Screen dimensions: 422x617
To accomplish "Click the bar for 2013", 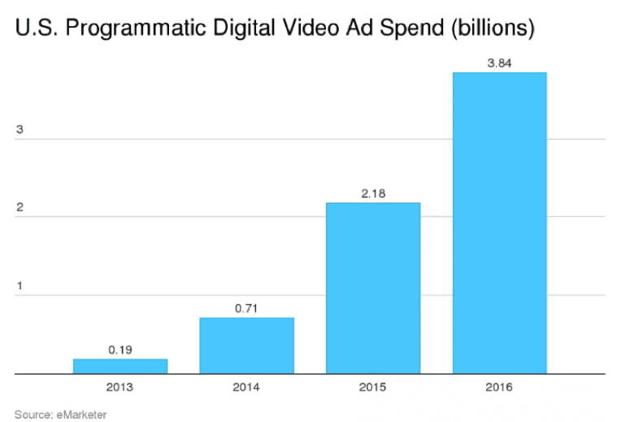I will (120, 366).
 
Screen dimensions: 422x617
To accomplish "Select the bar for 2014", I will (246, 346).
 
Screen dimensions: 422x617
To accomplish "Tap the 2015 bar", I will (373, 288).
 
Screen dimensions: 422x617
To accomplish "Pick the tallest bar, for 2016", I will (499, 223).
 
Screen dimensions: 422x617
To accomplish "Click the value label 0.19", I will (120, 350).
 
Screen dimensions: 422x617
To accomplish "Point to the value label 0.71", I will (246, 308).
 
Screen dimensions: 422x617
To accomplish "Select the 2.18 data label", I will (373, 194).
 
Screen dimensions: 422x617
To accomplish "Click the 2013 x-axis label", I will (120, 387).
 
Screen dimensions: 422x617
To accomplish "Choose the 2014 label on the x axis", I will (246, 387).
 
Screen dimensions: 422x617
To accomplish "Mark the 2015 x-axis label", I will (373, 387).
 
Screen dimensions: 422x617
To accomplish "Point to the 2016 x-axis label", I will (499, 387).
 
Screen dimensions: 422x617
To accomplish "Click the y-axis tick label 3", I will (18, 130).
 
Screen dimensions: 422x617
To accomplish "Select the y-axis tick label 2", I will (18, 208).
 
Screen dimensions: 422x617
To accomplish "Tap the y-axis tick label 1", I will (18, 286).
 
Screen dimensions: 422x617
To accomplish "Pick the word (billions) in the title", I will (490, 30).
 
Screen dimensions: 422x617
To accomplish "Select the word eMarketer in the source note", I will (80, 415).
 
